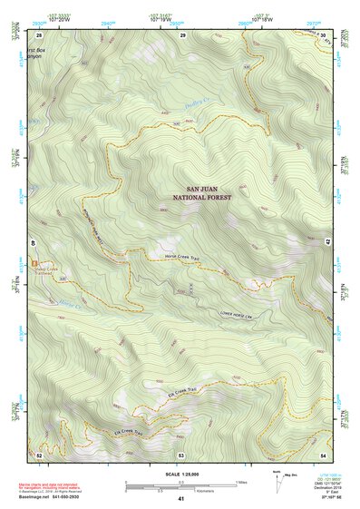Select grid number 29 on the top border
coord(182,34)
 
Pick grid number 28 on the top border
coord(41,34)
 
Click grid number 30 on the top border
coord(324,34)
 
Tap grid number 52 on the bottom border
coord(40,454)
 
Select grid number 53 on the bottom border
coord(181,454)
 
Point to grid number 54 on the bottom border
coord(323,454)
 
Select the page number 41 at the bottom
coord(181,499)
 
